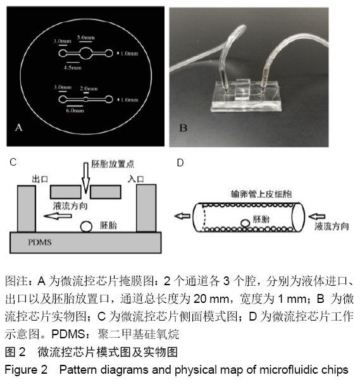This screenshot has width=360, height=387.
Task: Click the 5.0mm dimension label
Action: coord(85,37)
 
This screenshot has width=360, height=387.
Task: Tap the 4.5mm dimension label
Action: coord(73,68)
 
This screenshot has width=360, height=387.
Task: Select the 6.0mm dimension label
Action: coord(75,110)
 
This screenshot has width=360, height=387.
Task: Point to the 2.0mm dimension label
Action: coord(89,89)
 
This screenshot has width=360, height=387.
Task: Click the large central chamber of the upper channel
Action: coord(85,53)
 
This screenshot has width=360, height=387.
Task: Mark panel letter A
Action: coord(19,128)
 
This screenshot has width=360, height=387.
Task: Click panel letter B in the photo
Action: coord(183,128)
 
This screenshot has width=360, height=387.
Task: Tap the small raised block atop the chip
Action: coord(243,89)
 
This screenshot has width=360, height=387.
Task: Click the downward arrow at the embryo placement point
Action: coord(85,178)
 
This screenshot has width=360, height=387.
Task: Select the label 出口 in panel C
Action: coord(40,179)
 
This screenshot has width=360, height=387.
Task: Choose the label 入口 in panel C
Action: coord(136,179)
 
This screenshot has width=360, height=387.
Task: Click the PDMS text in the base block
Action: coord(40,242)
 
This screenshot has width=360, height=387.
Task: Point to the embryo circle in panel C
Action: coord(86,226)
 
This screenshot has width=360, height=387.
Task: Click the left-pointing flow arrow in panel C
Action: coord(58,216)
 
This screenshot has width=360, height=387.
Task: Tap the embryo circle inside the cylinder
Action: coord(245,223)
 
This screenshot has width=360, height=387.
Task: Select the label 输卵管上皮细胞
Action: coord(261,194)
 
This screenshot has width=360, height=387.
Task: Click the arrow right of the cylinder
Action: coord(317,216)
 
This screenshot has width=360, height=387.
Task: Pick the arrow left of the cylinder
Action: coord(182,216)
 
